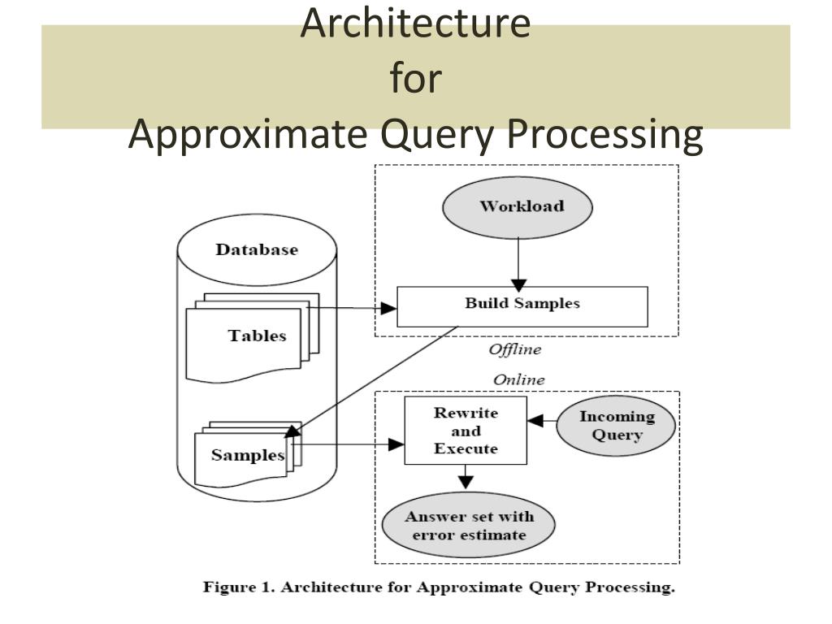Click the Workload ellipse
(518, 207)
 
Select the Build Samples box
(522, 306)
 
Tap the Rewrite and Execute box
(466, 431)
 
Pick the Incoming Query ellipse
(616, 426)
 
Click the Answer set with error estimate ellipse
(469, 526)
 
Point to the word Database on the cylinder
(257, 249)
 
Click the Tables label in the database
(258, 336)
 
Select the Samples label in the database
(248, 455)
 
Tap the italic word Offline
(514, 349)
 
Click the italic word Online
(519, 379)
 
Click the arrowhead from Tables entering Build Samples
(388, 308)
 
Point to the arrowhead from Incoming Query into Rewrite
(535, 421)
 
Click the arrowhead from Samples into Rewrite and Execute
(396, 444)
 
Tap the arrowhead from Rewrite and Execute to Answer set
(466, 482)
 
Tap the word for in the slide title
(416, 77)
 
